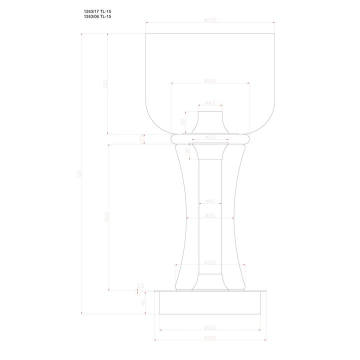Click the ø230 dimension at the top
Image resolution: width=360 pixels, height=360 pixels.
pos(210,20)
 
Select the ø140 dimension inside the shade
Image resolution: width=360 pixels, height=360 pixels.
pos(210,81)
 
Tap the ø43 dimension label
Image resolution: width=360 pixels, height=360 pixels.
pos(210,103)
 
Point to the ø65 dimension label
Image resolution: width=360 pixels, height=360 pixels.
pos(210,136)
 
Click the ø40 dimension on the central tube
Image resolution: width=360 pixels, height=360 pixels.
pos(210,201)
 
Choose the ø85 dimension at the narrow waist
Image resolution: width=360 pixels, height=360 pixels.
pos(210,216)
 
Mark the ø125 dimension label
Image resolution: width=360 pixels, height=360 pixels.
pos(210,262)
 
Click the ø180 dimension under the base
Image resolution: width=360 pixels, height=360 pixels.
pos(210,328)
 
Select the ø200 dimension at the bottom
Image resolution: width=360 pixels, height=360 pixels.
pos(210,337)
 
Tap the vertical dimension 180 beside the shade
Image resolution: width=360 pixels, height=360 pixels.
pos(105,83)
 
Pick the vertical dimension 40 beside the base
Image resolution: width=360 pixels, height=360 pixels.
pos(142,302)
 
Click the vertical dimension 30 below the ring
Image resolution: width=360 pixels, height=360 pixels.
pos(187,151)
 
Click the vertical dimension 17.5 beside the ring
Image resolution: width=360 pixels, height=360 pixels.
pos(142,138)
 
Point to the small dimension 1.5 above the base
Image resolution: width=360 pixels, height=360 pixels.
pos(141,286)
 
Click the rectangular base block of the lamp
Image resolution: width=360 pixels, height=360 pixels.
pos(210,303)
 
